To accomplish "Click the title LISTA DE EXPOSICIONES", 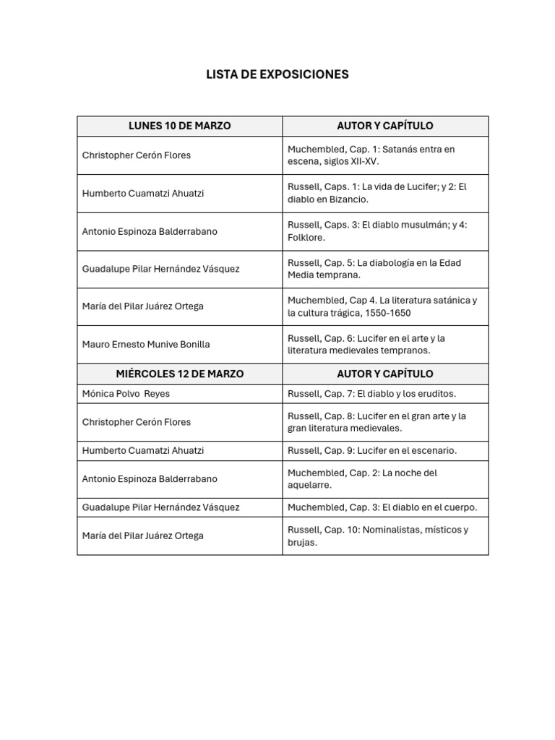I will tap(277, 74).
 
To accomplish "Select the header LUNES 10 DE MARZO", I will tap(179, 126).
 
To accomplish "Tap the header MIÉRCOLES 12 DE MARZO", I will tap(179, 374).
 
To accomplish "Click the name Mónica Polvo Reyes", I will tap(126, 394).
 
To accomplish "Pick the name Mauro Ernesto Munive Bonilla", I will tap(146, 344).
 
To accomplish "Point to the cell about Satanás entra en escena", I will tap(371, 155).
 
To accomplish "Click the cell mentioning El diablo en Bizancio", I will tap(377, 193).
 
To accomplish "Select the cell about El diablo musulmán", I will tap(377, 231).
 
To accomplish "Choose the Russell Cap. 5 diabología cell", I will tap(374, 269).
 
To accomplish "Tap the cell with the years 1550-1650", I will tap(382, 306).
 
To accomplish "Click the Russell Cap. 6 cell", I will tap(366, 344).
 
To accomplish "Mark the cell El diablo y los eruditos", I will tap(372, 394).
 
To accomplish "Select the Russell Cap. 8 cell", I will tap(377, 422).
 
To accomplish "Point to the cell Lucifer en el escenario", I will tap(372, 450).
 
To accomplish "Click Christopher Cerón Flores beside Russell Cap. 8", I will tap(137, 422).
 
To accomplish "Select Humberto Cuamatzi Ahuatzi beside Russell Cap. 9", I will tap(143, 450).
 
